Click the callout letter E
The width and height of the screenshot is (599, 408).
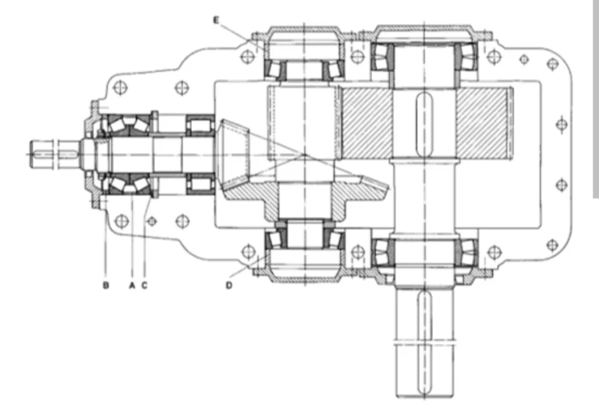coord(216,20)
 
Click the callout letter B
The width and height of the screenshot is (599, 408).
coord(106,285)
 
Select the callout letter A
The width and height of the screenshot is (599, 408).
coord(132,285)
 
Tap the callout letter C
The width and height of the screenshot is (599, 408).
coord(145,285)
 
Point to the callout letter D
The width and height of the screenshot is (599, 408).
coord(229,285)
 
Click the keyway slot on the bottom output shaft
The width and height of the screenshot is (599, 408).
coord(424,343)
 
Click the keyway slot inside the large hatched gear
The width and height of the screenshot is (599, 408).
coord(424,124)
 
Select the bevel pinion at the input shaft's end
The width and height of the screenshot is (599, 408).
coord(234,155)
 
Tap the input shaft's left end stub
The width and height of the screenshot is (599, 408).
coord(54,154)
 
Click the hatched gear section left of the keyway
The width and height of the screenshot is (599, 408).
coord(368,122)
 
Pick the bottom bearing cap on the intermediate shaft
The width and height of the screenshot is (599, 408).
coord(304,270)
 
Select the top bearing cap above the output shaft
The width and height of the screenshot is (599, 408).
coord(425,34)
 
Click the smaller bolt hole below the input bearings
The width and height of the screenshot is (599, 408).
coord(152,221)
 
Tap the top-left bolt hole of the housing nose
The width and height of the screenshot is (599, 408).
coord(120,87)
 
